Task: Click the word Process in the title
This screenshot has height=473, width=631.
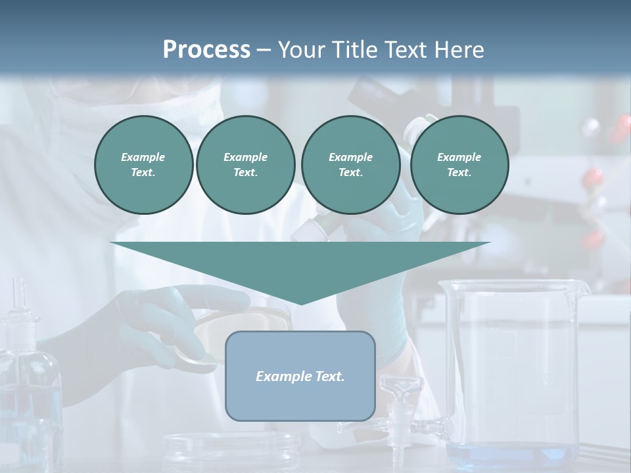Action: [x=206, y=50]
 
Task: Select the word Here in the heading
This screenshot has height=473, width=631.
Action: [x=458, y=50]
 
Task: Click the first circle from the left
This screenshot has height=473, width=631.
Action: [x=143, y=165]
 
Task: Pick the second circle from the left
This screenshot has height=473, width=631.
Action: [x=245, y=165]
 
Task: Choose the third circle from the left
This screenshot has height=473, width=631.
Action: [x=350, y=165]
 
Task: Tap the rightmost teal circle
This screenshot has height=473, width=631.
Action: [x=459, y=165]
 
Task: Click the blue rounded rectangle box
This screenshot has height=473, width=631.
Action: [x=300, y=394]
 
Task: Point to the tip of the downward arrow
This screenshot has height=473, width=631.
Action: [x=300, y=303]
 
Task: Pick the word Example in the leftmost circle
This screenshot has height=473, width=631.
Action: [x=143, y=157]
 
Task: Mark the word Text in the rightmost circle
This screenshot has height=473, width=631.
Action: [x=459, y=173]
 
